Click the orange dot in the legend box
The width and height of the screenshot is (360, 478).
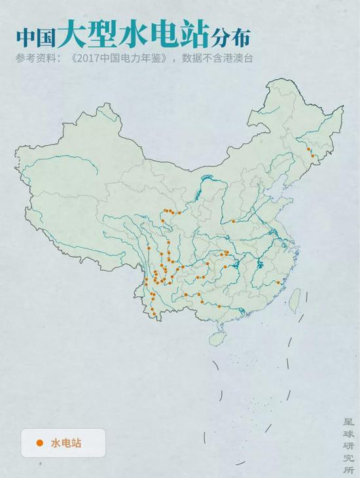point(40,443)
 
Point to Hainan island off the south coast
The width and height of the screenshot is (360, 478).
point(217,339)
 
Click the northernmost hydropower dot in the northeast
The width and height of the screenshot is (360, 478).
point(309,149)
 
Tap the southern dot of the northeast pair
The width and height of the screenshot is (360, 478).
point(312,156)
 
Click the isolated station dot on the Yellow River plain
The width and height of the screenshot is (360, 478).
point(233,221)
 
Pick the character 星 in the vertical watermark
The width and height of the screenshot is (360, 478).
point(348,423)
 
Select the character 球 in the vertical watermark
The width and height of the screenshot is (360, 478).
point(348,434)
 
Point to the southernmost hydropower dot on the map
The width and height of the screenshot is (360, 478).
point(154,315)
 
